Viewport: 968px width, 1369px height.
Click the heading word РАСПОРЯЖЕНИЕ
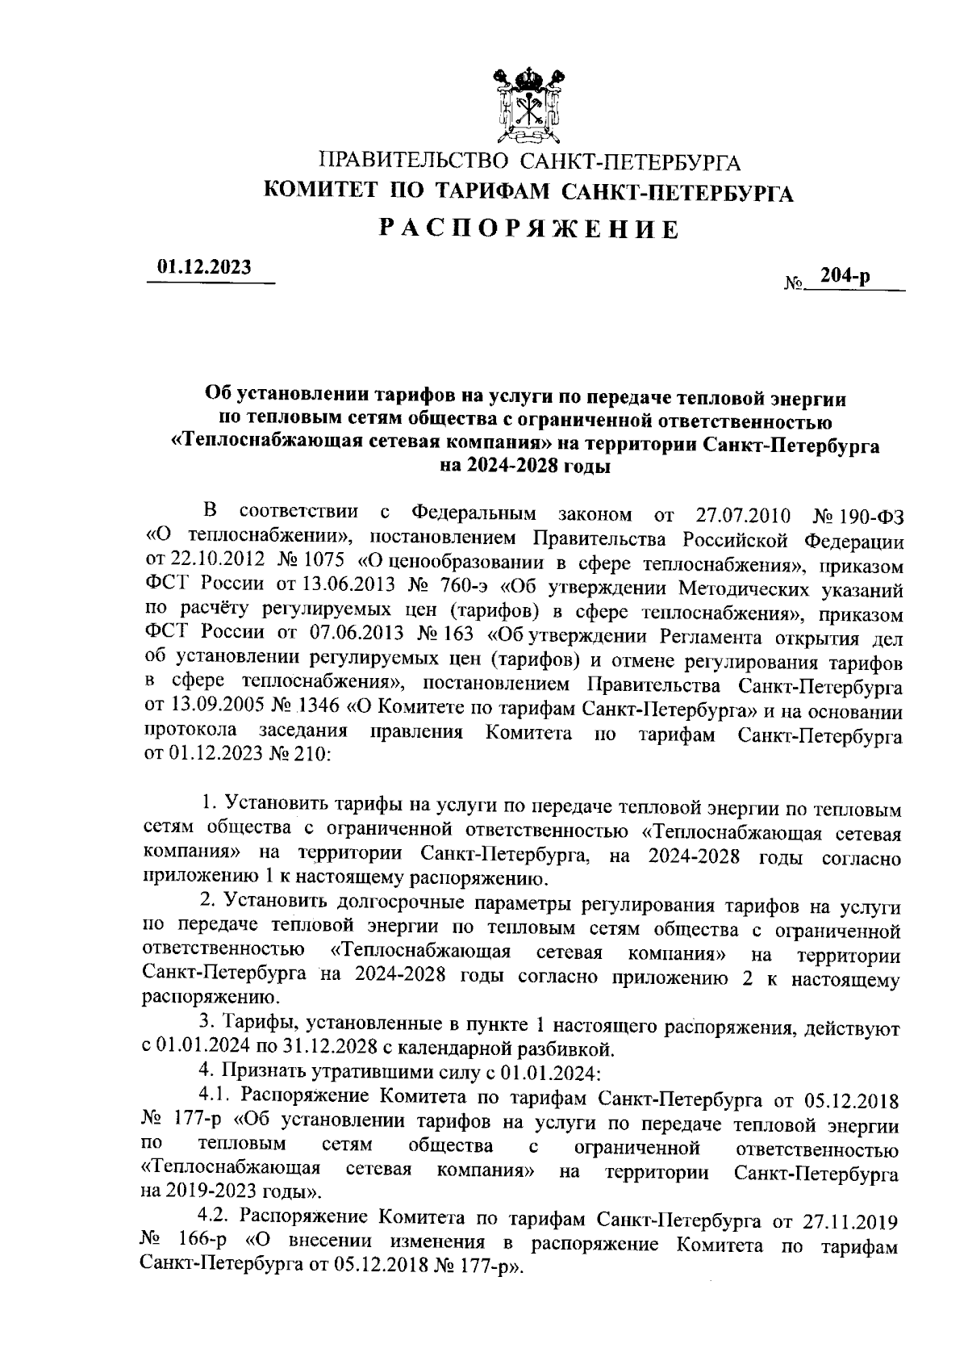(529, 230)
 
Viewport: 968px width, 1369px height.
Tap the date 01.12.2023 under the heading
(204, 267)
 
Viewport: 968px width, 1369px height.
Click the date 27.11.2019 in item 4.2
(852, 1216)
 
